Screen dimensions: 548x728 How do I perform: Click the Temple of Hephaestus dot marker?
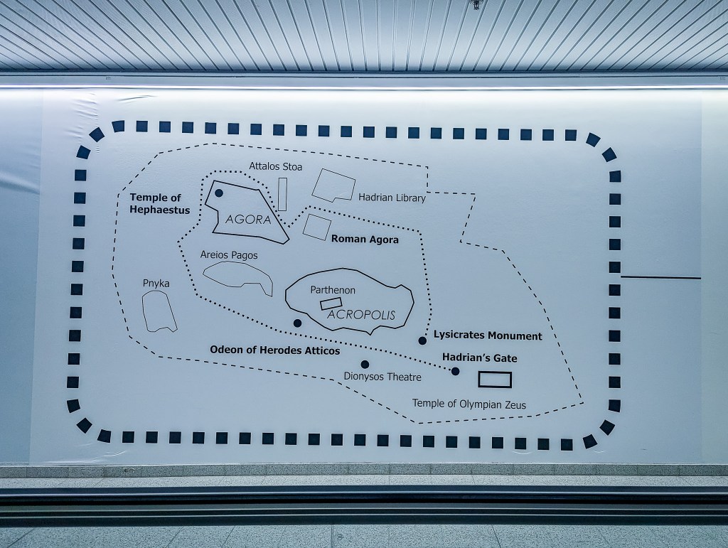219,193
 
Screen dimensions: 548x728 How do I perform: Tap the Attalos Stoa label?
275,166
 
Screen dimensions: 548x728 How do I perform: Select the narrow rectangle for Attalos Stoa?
282,194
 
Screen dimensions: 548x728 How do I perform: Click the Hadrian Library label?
392,198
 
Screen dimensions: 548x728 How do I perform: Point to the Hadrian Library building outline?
333,186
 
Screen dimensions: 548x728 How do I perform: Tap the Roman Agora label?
365,240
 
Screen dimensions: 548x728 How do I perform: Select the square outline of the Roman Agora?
316,227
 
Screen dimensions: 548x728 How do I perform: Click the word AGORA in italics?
248,220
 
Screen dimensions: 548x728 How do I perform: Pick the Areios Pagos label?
229,254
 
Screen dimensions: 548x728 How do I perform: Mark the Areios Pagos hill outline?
238,276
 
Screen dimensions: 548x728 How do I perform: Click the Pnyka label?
156,283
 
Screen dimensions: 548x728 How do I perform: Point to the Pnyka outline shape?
159,311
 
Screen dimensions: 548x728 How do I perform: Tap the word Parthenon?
333,290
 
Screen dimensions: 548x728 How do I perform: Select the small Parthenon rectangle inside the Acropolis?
331,304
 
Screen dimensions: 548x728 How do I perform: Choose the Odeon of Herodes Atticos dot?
297,323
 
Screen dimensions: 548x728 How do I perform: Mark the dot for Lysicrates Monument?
422,340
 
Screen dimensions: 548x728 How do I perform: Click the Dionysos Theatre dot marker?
365,365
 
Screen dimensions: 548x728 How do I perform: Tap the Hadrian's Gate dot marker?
455,371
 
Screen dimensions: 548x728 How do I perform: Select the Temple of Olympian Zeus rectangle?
495,380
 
